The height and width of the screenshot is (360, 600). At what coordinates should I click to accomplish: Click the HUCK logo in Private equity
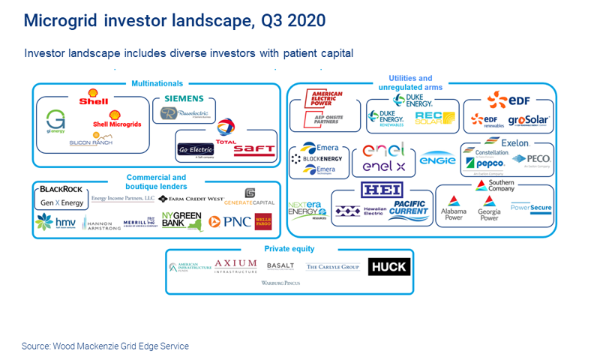click(x=388, y=266)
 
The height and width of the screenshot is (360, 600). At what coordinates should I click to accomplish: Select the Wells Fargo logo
click(x=262, y=221)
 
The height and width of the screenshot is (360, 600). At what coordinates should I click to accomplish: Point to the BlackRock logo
click(x=61, y=190)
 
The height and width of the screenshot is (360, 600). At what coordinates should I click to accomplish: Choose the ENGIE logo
click(x=436, y=159)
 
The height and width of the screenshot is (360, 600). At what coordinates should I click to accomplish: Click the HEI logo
click(x=382, y=189)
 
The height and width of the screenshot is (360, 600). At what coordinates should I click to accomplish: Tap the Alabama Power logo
click(x=454, y=208)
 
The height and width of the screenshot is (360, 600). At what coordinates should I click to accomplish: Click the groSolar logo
click(x=529, y=119)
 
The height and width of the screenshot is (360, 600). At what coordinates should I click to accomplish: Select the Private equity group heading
click(x=289, y=248)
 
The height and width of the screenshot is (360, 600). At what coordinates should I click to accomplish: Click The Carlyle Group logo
click(x=333, y=266)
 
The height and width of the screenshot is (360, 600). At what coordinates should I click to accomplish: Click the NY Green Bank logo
click(x=182, y=220)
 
